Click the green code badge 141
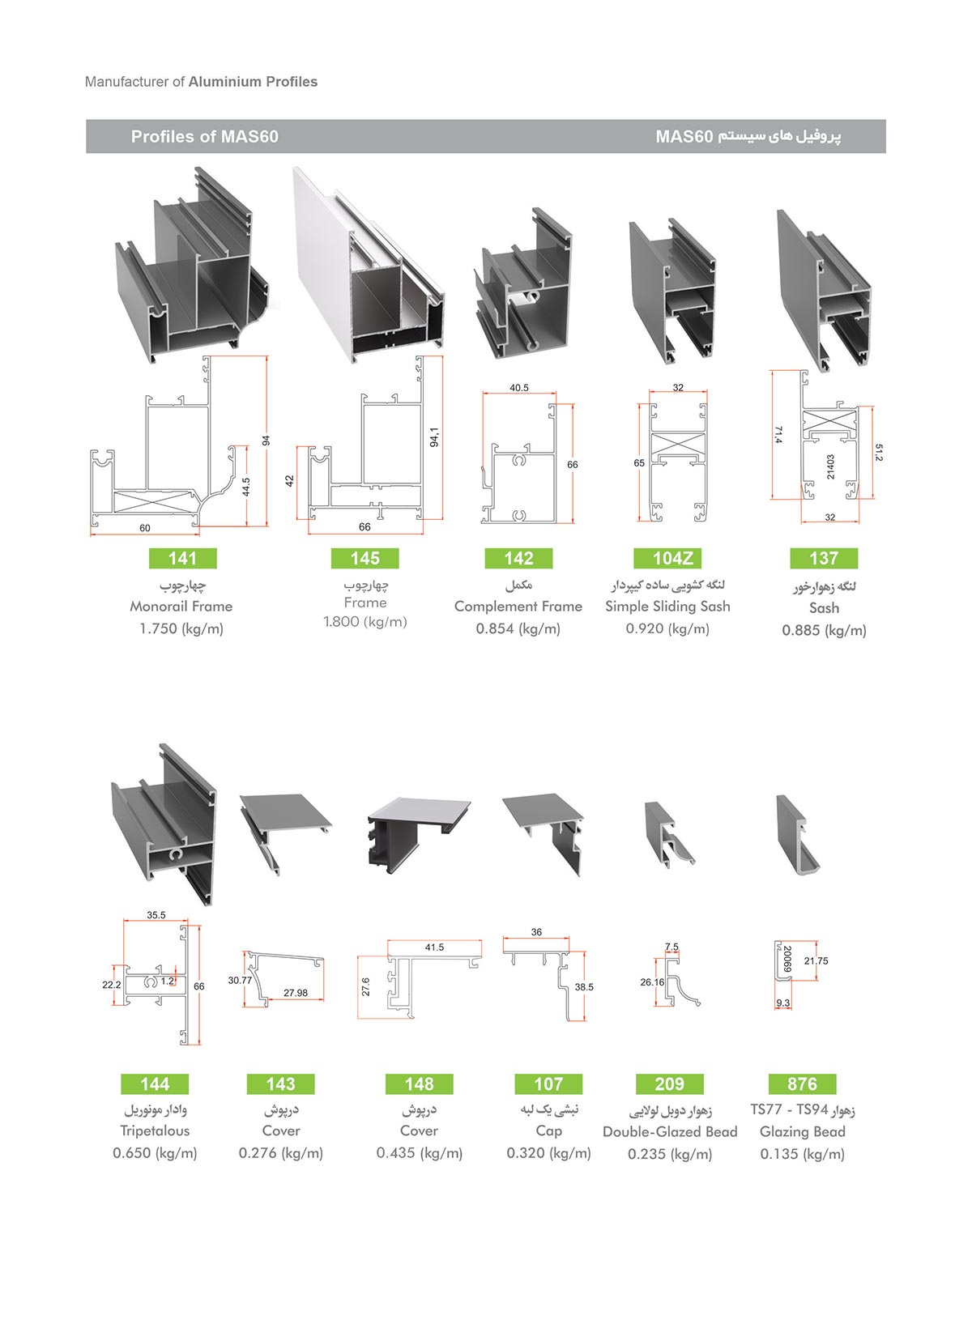coord(182,558)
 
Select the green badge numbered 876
coord(802,1084)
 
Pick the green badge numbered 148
coord(419,1084)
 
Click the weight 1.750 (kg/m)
coord(181,628)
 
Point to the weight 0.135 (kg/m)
coord(802,1154)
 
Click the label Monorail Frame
coord(181,606)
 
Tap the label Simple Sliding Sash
coord(667,606)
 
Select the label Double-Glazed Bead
coord(670,1131)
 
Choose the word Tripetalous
coord(155,1131)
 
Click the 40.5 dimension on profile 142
coord(519,388)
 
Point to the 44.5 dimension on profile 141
coord(246,487)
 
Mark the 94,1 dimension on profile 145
coord(435,437)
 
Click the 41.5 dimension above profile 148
coord(434,947)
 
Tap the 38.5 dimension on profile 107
coord(584,987)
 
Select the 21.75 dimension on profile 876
coord(816,961)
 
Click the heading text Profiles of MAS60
coord(205,137)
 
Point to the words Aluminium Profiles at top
coord(253,82)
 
